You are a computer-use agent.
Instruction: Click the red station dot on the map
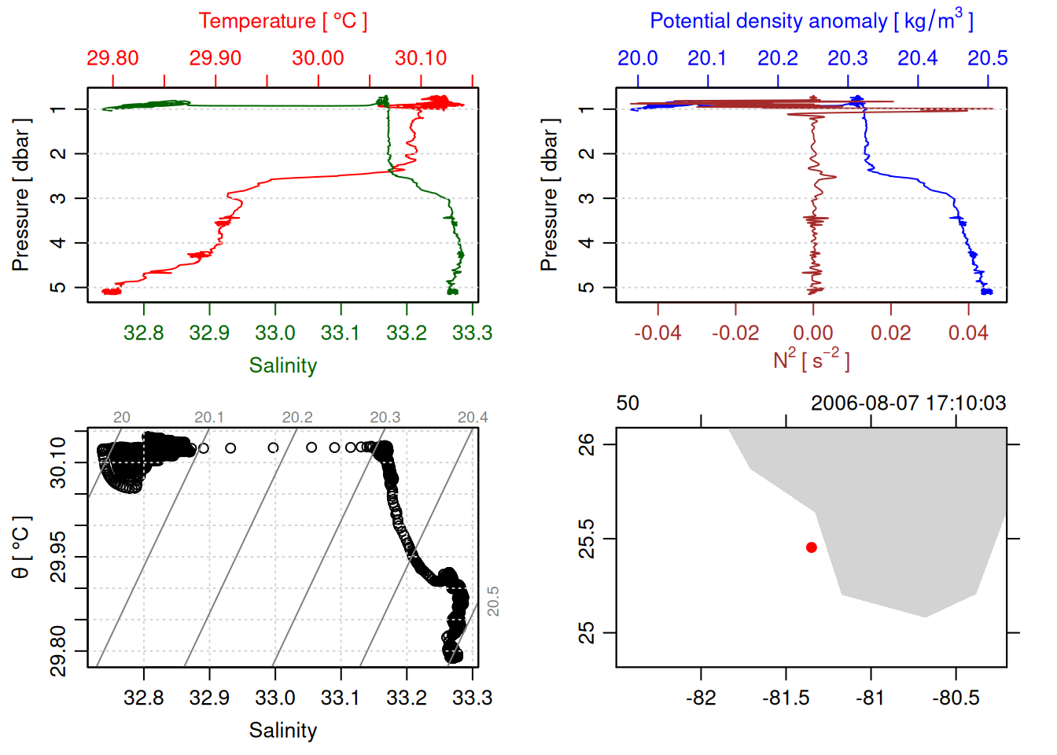click(811, 547)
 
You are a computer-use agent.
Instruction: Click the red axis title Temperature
click(282, 21)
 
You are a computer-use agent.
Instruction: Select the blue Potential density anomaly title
click(811, 21)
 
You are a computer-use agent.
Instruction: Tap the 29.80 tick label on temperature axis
click(112, 58)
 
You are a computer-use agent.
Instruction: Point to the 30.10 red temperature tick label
click(421, 58)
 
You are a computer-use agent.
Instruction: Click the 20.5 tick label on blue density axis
click(987, 58)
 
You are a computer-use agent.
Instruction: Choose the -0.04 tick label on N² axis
click(657, 333)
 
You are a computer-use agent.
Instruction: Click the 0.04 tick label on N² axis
click(968, 333)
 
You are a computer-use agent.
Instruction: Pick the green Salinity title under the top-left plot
click(282, 366)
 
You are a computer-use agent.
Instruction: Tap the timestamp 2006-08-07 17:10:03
click(908, 403)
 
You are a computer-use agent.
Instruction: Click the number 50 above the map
click(628, 403)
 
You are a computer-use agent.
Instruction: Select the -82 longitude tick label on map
click(701, 698)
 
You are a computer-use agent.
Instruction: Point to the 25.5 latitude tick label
click(587, 539)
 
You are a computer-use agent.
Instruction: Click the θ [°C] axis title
click(21, 547)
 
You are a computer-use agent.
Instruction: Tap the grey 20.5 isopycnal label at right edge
click(493, 602)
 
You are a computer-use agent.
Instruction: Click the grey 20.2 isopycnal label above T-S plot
click(297, 418)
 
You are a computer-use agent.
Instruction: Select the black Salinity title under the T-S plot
click(282, 731)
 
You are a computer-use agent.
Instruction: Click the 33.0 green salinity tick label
click(274, 333)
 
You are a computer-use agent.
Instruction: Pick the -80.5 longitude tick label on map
click(956, 698)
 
